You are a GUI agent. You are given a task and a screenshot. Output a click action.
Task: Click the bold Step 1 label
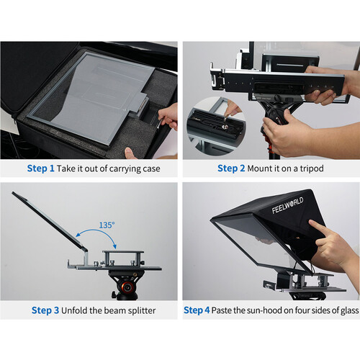click(x=40, y=169)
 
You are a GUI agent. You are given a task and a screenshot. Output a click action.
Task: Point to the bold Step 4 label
click(x=197, y=310)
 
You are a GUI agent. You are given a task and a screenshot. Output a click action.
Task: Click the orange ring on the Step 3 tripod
click(x=127, y=286)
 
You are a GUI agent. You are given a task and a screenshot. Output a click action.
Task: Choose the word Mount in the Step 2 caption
click(x=264, y=169)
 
